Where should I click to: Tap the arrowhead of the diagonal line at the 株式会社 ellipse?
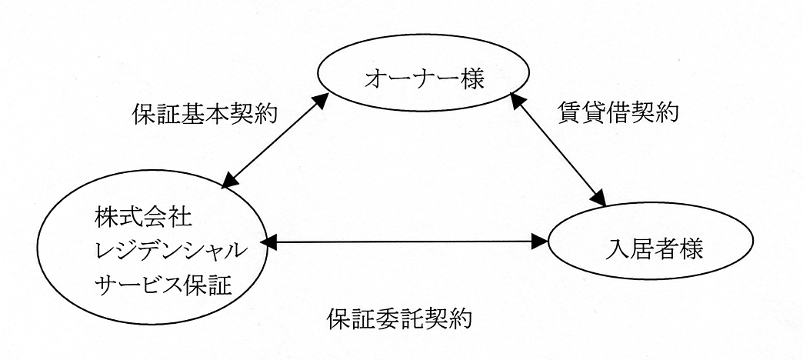click(x=228, y=180)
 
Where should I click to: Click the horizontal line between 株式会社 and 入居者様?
click(x=404, y=243)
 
